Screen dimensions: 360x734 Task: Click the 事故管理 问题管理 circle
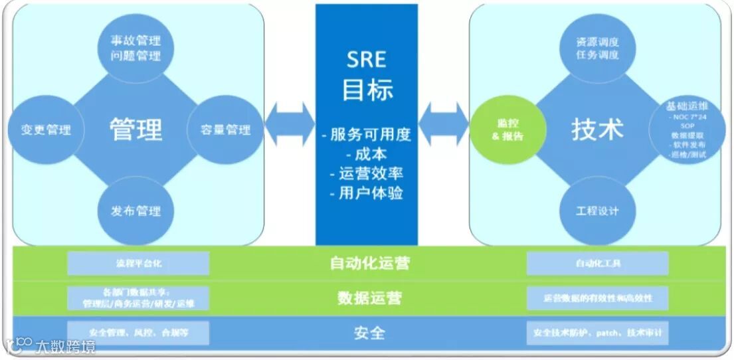[136, 48]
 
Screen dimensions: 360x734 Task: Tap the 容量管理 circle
[226, 129]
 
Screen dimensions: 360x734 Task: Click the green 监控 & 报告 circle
[507, 129]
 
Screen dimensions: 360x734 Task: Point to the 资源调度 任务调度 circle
[598, 48]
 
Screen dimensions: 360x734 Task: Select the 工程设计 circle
[598, 211]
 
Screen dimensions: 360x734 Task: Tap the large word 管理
[136, 129]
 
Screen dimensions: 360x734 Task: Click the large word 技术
[597, 129]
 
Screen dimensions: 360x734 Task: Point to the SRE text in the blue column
[366, 60]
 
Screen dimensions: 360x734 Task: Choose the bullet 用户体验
[366, 193]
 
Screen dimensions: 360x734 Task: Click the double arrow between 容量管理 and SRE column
[290, 124]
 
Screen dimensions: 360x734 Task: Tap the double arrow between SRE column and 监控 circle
[444, 124]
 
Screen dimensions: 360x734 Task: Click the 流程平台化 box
[138, 263]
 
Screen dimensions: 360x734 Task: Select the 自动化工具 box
[597, 264]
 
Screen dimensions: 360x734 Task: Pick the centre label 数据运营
[369, 298]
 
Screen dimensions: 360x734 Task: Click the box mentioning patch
[597, 332]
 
